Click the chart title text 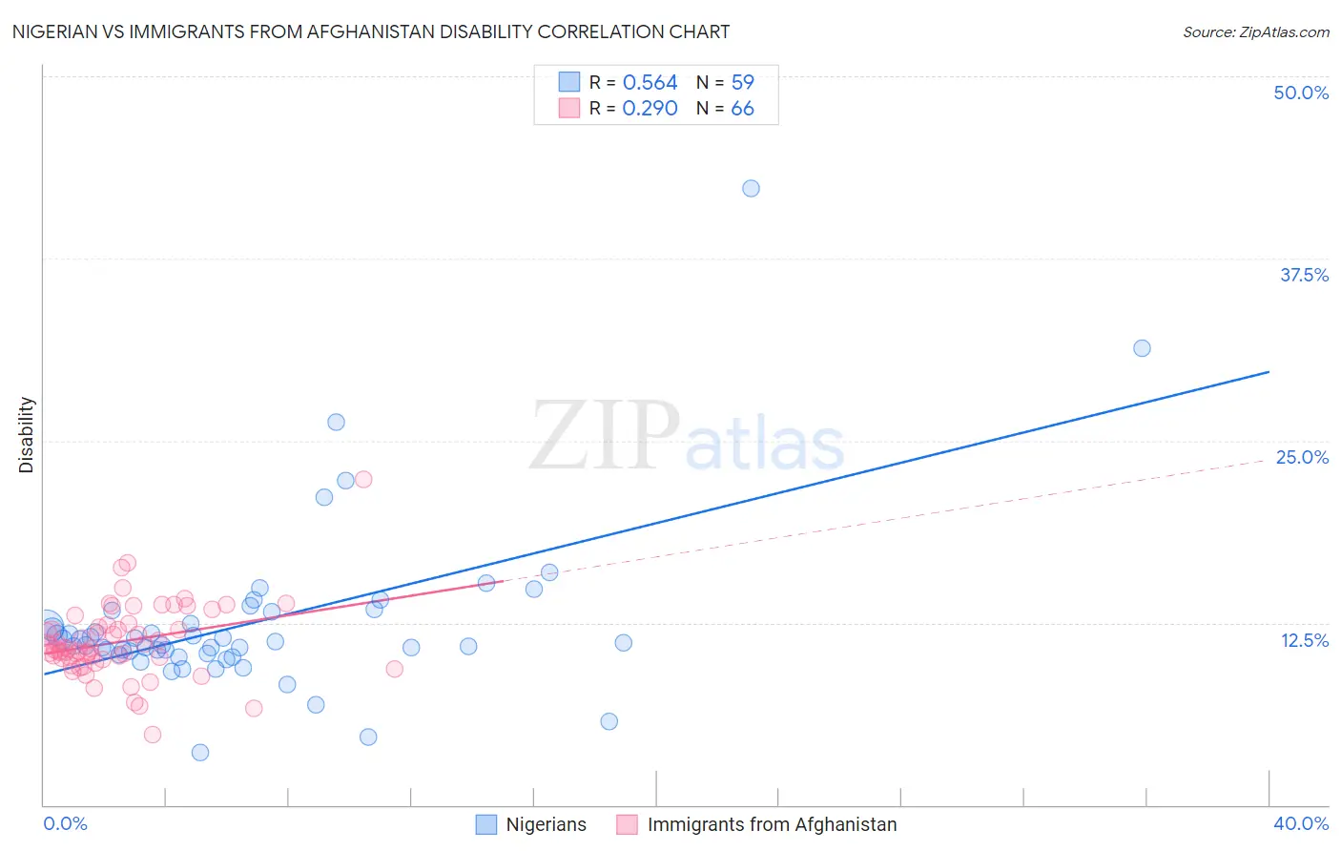point(371,31)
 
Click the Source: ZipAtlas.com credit point(1255,32)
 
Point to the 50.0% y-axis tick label point(1300,93)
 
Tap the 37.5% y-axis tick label point(1303,275)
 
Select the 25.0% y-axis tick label point(1301,457)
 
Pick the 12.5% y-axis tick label point(1303,640)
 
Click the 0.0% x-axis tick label point(65,823)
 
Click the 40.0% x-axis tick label point(1300,823)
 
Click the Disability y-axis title point(27,435)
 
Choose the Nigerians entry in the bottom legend point(546,824)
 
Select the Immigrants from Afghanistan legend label point(772,824)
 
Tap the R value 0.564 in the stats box point(650,83)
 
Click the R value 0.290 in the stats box point(650,109)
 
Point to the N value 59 point(742,83)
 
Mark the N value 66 point(742,109)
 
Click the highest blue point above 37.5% point(751,189)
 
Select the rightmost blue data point point(1142,348)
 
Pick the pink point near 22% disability point(363,480)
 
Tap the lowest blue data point point(200,753)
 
